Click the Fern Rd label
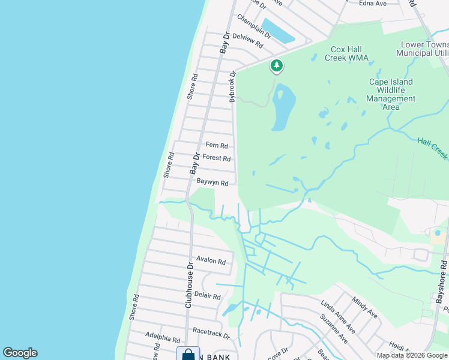pyautogui.click(x=217, y=145)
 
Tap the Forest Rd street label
pyautogui.click(x=217, y=158)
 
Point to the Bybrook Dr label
pyautogui.click(x=233, y=86)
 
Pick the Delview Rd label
pyautogui.click(x=247, y=41)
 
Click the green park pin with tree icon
pyautogui.click(x=276, y=65)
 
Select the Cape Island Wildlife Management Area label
pyautogui.click(x=391, y=94)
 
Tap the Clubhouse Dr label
pyautogui.click(x=188, y=284)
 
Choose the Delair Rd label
pyautogui.click(x=208, y=296)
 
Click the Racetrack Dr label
pyautogui.click(x=211, y=332)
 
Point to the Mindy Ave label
pyautogui.click(x=364, y=308)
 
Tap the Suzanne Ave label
pyautogui.click(x=334, y=329)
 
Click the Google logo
pyautogui.click(x=20, y=353)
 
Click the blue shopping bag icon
pyautogui.click(x=188, y=355)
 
